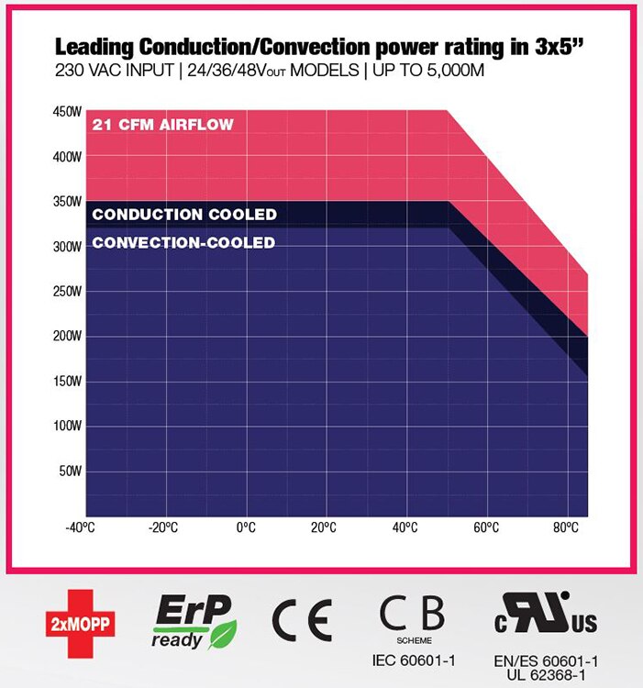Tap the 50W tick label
coord(72,472)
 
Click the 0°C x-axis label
coord(246,527)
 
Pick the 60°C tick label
coord(486,527)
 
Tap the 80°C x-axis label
coord(566,527)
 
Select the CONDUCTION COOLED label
coord(184,215)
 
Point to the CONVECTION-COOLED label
coord(183,243)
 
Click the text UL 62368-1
coord(546,674)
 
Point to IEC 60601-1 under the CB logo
coord(414,660)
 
